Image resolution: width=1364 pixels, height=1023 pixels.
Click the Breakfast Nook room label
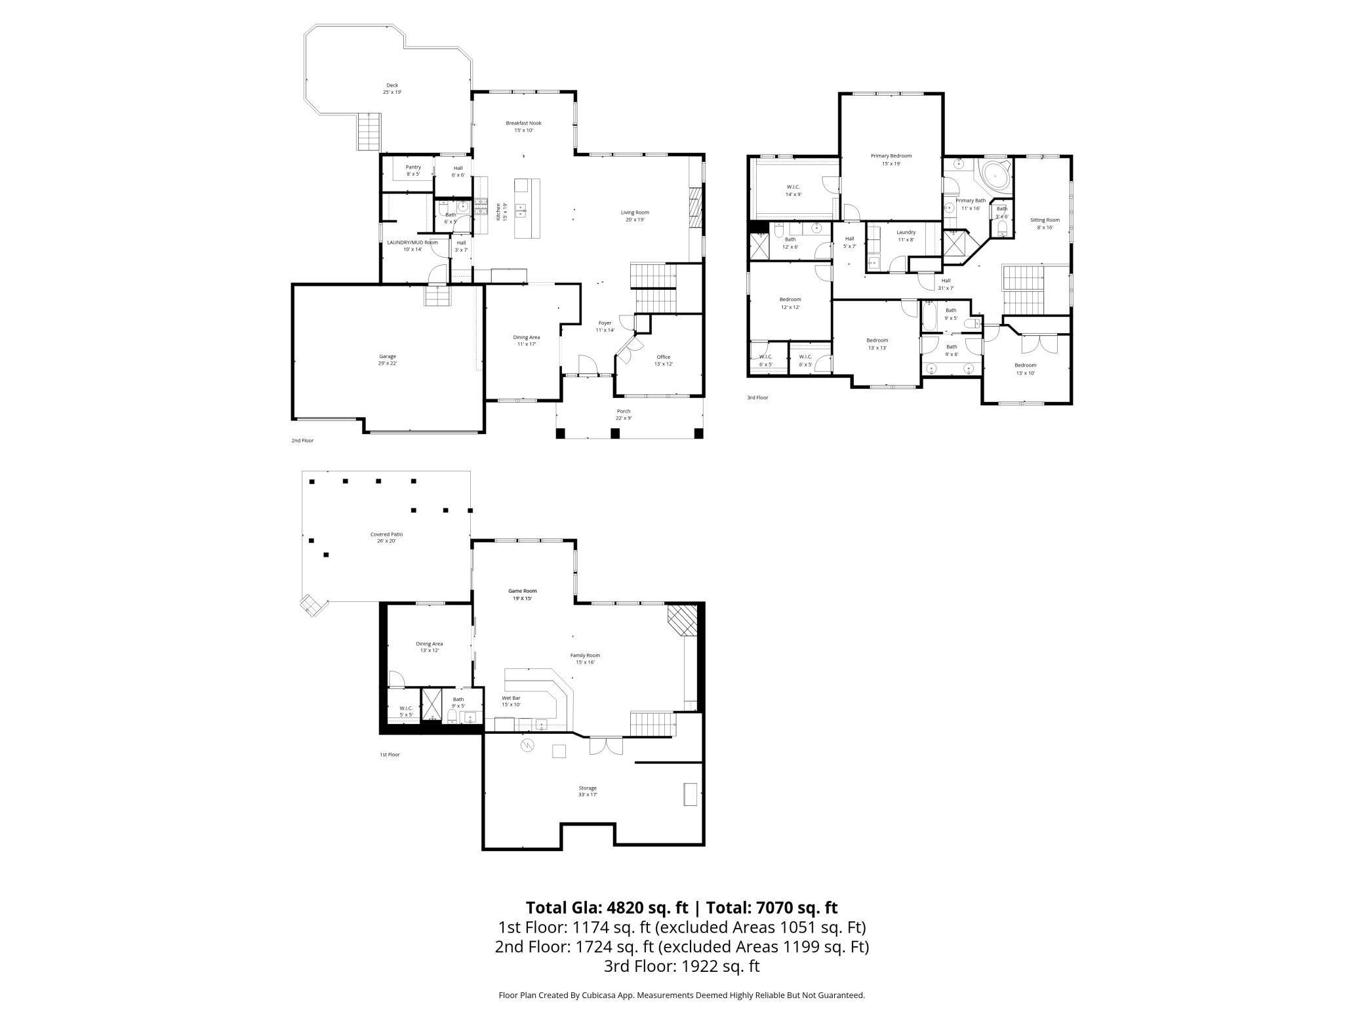(x=523, y=123)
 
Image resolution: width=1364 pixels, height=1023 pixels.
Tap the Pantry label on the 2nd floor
(x=413, y=167)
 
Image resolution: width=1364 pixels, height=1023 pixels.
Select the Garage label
(x=388, y=357)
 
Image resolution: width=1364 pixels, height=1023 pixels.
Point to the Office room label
(x=664, y=357)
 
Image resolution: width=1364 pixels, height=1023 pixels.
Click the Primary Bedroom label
(x=891, y=156)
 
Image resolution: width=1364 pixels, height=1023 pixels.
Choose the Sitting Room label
(x=1045, y=220)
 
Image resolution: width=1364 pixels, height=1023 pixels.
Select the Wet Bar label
(x=511, y=698)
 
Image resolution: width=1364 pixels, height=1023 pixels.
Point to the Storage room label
(x=588, y=788)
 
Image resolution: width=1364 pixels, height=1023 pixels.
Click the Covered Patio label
(x=386, y=534)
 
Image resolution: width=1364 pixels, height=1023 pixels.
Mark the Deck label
(x=392, y=85)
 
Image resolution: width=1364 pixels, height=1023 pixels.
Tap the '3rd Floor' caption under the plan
(x=757, y=397)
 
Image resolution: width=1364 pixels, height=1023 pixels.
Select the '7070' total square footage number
(x=776, y=908)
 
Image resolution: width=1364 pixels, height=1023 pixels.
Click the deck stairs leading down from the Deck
(x=369, y=131)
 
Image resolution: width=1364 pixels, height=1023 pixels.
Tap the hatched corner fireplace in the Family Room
(x=683, y=620)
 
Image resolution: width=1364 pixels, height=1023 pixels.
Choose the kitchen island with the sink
(x=527, y=209)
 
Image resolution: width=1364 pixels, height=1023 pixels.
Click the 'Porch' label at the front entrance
(x=623, y=411)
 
